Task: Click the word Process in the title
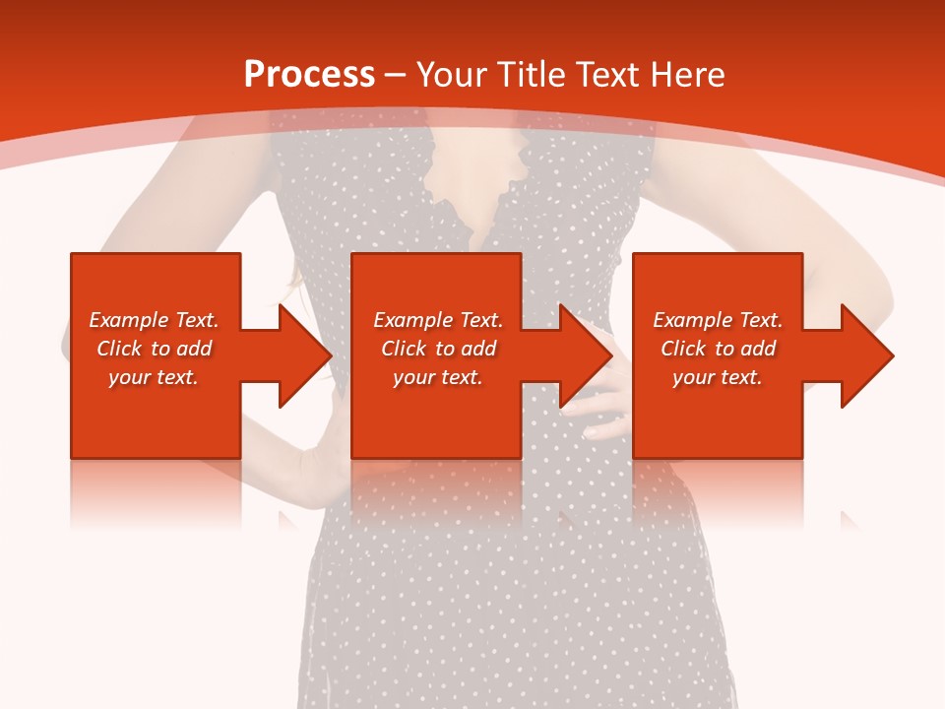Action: [x=309, y=75]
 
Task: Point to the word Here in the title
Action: [x=688, y=75]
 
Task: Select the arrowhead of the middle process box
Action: [x=584, y=355]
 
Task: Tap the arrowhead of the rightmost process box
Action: [x=865, y=355]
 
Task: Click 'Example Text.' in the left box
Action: [x=154, y=320]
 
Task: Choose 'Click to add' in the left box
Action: [x=154, y=349]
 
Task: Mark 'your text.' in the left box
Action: [x=154, y=377]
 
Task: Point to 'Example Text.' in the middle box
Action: [x=438, y=320]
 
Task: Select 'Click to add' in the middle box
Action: [x=438, y=349]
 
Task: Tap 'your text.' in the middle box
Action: [x=438, y=377]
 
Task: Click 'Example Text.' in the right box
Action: [x=718, y=320]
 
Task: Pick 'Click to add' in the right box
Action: [x=718, y=349]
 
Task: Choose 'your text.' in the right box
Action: [x=718, y=377]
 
